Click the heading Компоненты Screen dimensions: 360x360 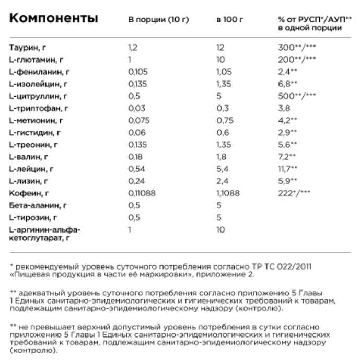click(53, 20)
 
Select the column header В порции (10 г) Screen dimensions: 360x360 click(158, 20)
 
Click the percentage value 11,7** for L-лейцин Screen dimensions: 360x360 click(288, 169)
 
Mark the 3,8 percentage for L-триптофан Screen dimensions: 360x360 click(284, 108)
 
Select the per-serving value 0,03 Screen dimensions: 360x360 click(135, 108)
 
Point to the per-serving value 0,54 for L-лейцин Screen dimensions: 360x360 click(135, 169)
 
